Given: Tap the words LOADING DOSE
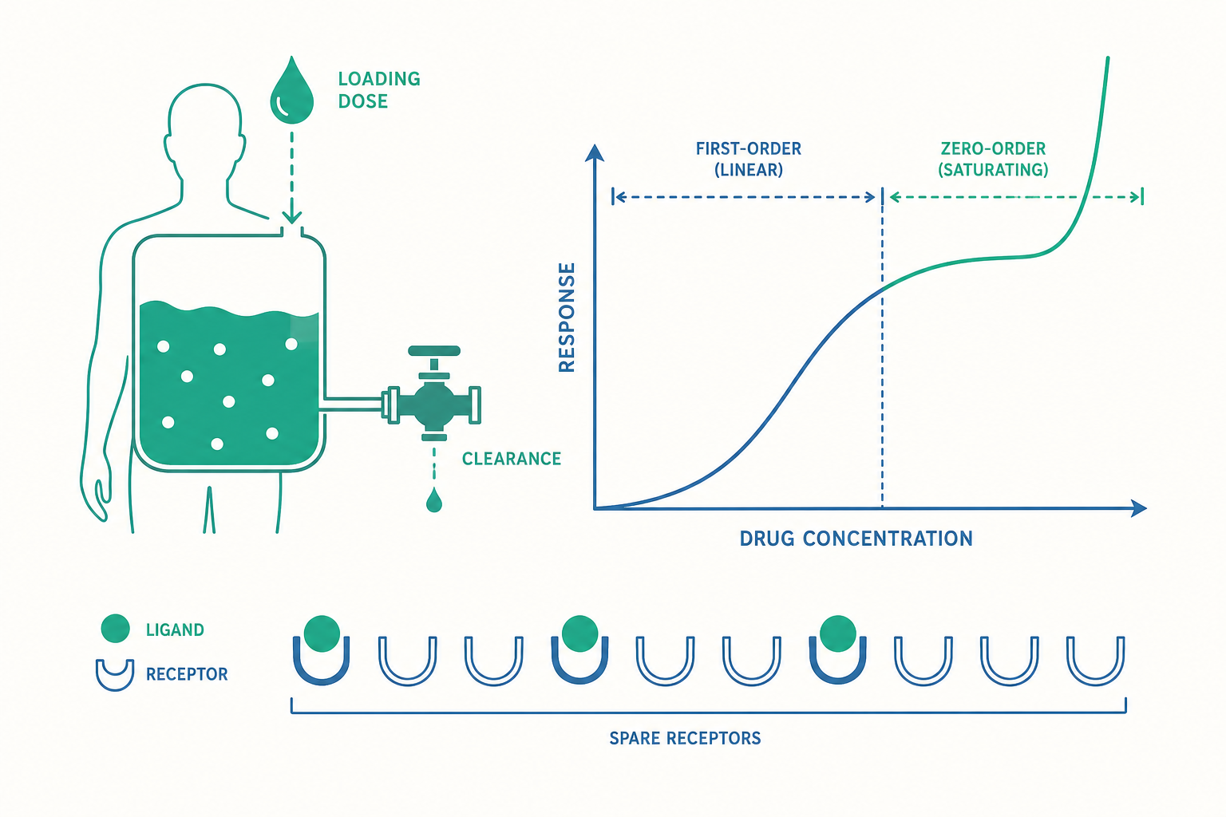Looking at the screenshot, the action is coord(379,89).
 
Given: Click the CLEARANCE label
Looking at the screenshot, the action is coord(511,459).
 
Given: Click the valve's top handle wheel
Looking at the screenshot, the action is coord(434,351).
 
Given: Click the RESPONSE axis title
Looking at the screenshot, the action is coord(567,318).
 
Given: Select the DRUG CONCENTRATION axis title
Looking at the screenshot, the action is coord(856,539).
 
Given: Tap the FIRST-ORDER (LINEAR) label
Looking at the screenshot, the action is coord(748,160).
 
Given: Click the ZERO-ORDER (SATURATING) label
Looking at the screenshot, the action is coord(993,160).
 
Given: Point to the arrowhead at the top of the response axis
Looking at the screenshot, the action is coord(595,153).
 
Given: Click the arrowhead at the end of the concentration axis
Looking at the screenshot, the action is coord(1138,508).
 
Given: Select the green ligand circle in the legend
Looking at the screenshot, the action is coord(116,628).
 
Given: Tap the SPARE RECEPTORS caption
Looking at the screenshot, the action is coord(685,738).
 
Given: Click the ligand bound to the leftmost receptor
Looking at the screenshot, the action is coord(322,633).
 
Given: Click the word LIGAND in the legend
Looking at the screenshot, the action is coord(175,630).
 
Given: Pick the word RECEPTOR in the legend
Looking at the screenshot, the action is coord(187,674).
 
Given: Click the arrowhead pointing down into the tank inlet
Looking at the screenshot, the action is coord(291,218).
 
